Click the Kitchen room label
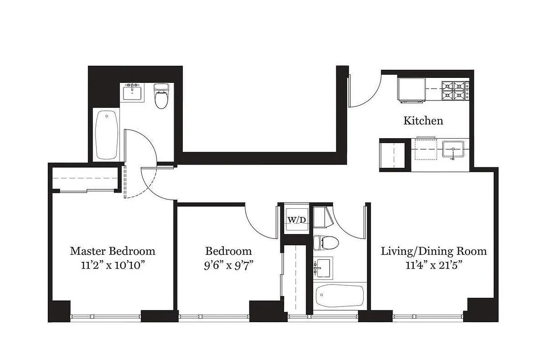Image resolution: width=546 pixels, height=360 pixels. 423,121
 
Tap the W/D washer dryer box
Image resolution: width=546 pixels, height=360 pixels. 297,220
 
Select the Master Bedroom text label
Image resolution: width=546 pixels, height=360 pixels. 113,251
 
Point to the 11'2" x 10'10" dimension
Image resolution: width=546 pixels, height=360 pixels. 113,265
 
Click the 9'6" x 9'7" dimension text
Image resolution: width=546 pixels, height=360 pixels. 228,265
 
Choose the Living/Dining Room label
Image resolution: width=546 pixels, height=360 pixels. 433,251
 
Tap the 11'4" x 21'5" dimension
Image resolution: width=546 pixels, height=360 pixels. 433,265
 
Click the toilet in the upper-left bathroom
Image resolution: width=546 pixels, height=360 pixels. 161,97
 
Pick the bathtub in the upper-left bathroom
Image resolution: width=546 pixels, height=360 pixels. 107,134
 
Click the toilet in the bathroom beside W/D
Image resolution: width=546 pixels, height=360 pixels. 325,243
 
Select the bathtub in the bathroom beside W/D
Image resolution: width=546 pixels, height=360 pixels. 340,295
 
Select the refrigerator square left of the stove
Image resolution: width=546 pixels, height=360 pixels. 411,89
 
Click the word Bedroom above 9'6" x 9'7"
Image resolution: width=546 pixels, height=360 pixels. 228,251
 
